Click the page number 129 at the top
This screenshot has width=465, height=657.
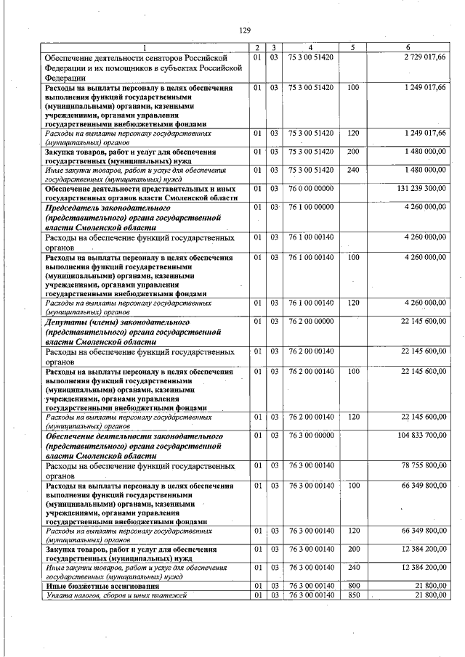pos(244,30)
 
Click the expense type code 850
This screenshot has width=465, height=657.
pos(354,595)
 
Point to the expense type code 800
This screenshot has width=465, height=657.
pos(354,585)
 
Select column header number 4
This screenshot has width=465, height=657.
pos(310,47)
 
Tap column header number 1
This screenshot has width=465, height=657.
pos(144,47)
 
